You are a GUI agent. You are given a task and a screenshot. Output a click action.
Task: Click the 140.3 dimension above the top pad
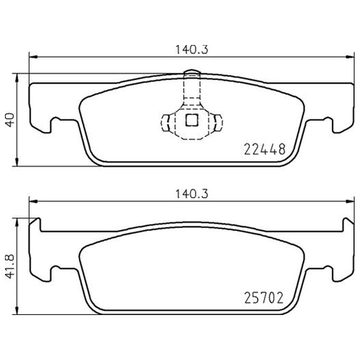[x=192, y=49]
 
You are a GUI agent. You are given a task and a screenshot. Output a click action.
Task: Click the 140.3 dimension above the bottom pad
[x=192, y=194]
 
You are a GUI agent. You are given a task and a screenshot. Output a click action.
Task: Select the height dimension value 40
[x=10, y=120]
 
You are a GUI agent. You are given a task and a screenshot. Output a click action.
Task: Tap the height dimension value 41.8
[x=10, y=266]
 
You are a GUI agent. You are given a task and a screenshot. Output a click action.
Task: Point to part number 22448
[x=265, y=149]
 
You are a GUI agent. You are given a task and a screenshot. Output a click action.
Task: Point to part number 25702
[x=264, y=298]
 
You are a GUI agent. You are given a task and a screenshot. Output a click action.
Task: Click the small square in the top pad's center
[x=192, y=120]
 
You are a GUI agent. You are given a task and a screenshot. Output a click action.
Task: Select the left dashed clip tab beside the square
[x=165, y=123]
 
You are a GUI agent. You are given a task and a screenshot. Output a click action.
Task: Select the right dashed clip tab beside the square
[x=218, y=123]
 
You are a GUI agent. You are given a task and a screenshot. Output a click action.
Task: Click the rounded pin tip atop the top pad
[x=192, y=72]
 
